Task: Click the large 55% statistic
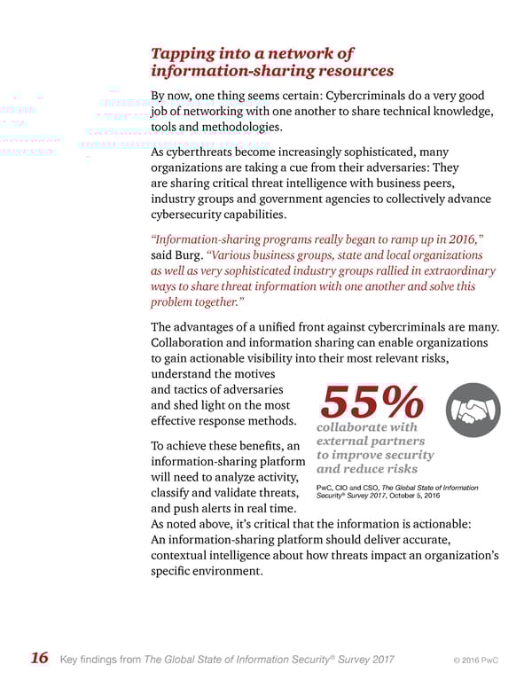click(x=372, y=404)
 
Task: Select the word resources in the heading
click(x=345, y=71)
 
